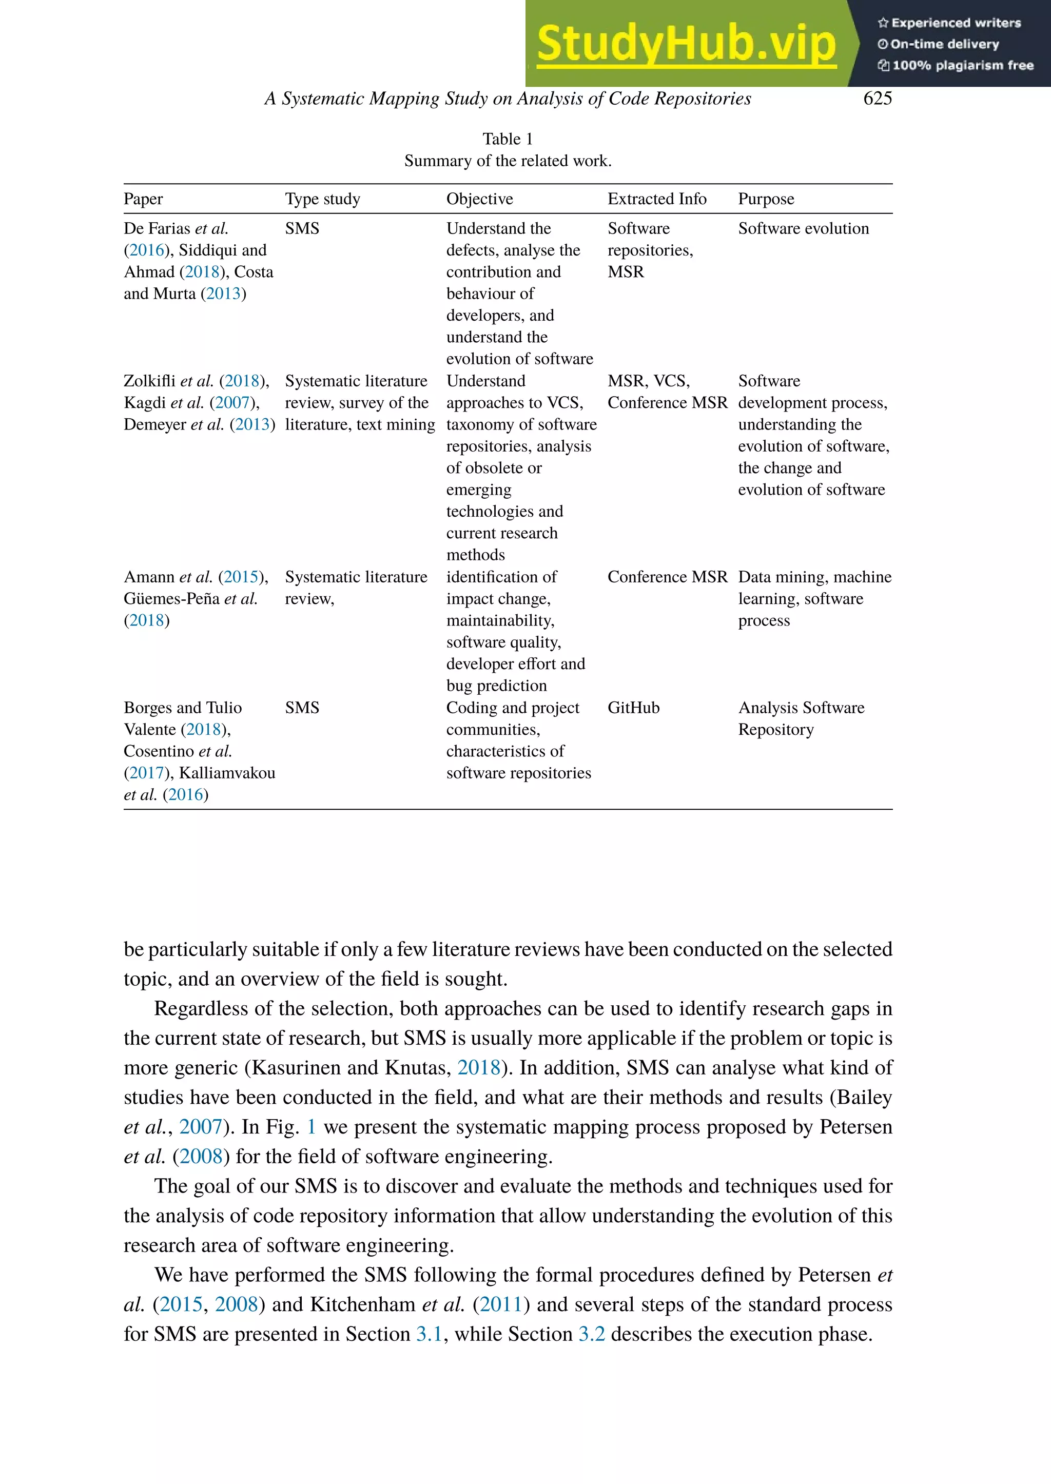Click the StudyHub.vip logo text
(686, 44)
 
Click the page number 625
(877, 99)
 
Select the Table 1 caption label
(508, 139)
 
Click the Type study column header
(322, 199)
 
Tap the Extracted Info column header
(656, 199)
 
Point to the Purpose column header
(766, 199)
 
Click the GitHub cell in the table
(633, 708)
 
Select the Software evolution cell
(803, 229)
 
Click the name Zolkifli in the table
(149, 381)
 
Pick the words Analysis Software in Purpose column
(801, 708)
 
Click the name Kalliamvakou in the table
(227, 773)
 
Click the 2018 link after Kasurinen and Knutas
(478, 1068)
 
